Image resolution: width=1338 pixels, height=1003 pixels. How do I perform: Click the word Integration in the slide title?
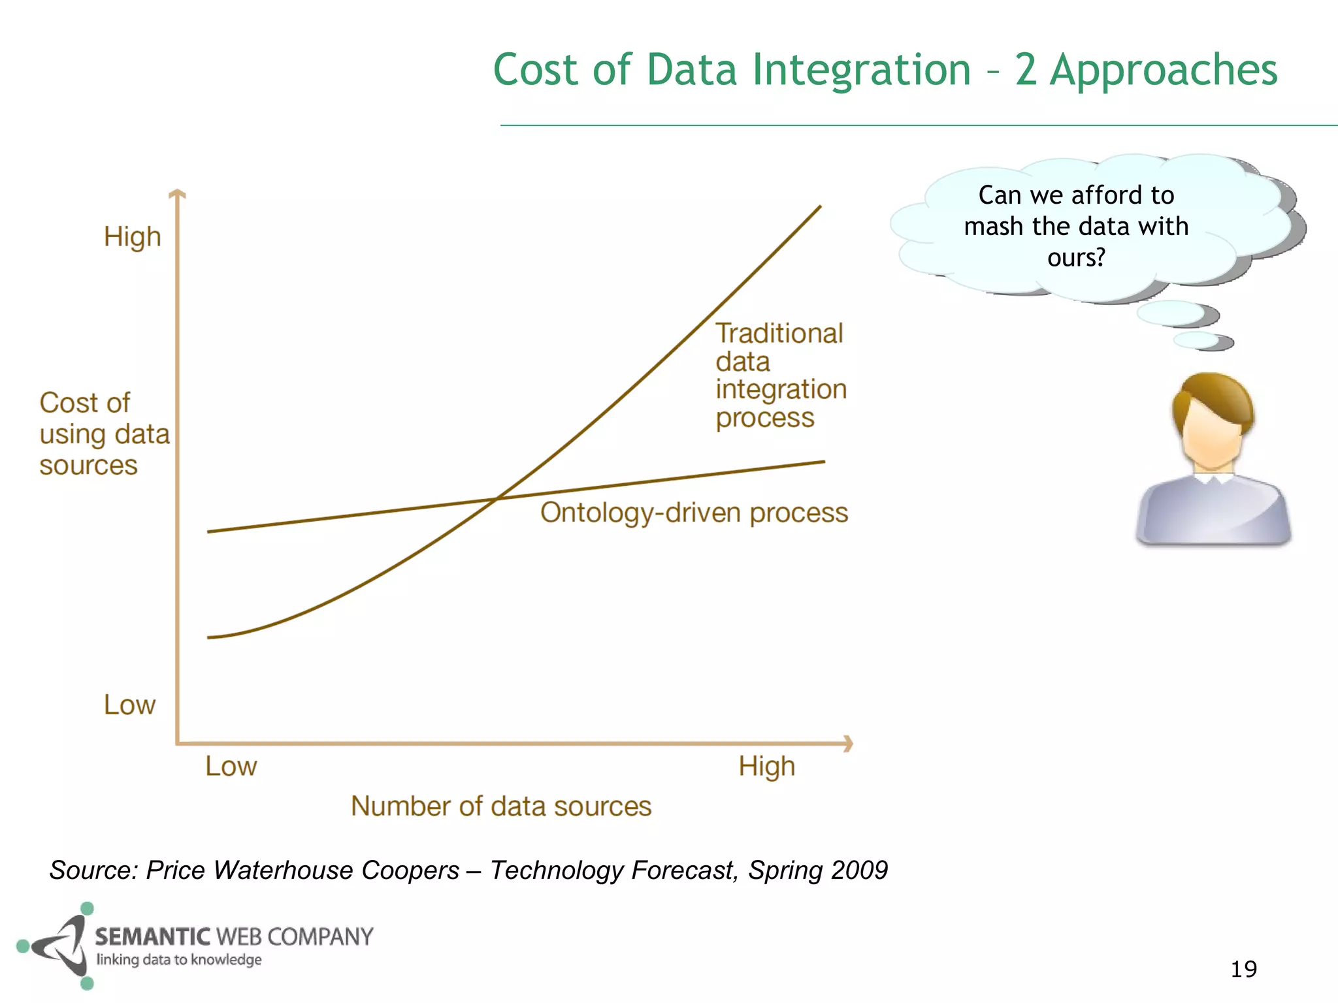coord(861,71)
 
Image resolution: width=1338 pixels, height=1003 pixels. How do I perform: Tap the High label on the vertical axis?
coord(132,236)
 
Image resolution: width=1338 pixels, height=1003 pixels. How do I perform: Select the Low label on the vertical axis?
coord(129,705)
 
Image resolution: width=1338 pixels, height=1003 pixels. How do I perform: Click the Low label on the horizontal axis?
coord(231,766)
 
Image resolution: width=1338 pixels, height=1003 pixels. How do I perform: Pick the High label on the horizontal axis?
coord(766,766)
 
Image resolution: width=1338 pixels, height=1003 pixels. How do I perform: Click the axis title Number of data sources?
coord(501,806)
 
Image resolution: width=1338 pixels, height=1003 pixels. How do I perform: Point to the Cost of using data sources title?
coord(103,434)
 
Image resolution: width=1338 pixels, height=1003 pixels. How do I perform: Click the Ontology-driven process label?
coord(694,513)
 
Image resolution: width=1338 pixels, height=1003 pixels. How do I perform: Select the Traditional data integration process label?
coord(780,375)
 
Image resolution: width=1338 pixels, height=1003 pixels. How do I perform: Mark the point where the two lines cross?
coord(497,499)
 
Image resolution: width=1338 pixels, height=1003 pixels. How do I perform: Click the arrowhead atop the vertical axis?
coord(177,194)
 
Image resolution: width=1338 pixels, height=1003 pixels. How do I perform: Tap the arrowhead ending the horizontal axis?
coord(848,743)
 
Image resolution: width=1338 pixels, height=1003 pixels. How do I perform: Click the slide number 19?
coord(1243,969)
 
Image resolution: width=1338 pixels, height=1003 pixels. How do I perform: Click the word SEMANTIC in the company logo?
coord(153,937)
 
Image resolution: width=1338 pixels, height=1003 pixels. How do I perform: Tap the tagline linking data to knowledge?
coord(179,960)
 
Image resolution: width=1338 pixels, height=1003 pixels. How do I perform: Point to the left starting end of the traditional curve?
coord(210,637)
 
